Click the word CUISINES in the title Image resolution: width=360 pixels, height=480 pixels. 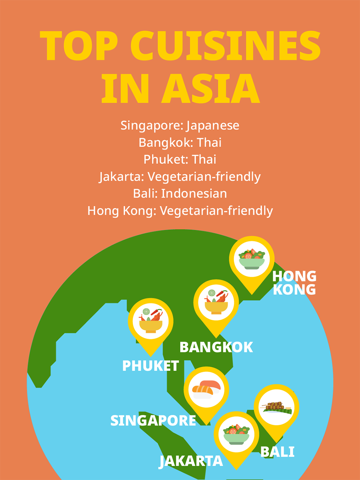click(x=225, y=46)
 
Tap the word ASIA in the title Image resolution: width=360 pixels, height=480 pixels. click(x=210, y=89)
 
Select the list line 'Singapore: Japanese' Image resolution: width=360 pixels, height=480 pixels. click(x=180, y=125)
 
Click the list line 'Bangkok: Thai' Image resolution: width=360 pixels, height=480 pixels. click(x=180, y=142)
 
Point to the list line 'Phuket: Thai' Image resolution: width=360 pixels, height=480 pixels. click(x=180, y=159)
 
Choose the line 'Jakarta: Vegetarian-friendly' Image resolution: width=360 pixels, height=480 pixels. click(x=180, y=176)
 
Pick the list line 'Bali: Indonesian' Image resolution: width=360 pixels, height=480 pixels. click(x=180, y=193)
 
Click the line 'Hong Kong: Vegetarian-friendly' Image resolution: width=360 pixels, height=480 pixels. click(x=180, y=211)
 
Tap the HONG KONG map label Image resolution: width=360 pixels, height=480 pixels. click(x=294, y=283)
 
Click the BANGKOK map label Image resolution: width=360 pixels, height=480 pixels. click(x=216, y=347)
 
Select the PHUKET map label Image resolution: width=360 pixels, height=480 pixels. click(x=150, y=366)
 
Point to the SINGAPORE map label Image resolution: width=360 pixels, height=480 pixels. click(x=153, y=421)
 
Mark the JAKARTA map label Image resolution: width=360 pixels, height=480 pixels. click(x=191, y=461)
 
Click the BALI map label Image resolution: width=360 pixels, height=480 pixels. click(x=277, y=452)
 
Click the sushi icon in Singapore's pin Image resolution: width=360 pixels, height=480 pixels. click(x=206, y=389)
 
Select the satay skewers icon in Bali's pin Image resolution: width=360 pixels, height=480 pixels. click(x=276, y=407)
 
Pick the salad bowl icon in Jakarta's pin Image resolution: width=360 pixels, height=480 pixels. click(x=236, y=434)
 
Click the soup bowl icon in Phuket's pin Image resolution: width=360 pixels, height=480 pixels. click(x=150, y=321)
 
